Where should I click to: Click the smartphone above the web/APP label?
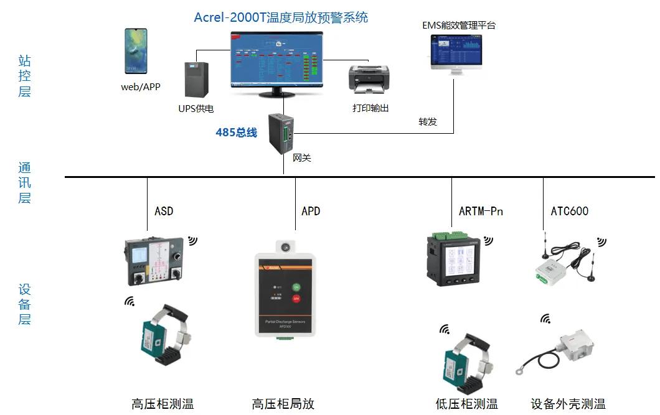tap(136, 51)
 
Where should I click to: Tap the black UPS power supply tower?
tap(196, 80)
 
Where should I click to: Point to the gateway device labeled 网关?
tap(281, 133)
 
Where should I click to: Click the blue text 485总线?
tap(236, 133)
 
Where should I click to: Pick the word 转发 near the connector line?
tap(428, 121)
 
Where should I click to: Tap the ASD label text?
tap(164, 211)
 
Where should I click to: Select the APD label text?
tap(311, 211)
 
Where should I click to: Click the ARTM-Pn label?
tap(481, 211)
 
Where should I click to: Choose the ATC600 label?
tap(569, 211)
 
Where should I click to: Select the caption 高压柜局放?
tap(283, 404)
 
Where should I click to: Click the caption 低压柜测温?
tap(466, 404)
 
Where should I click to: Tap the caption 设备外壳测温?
tap(568, 404)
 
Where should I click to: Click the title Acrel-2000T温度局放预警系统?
tap(281, 17)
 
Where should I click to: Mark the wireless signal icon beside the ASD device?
tap(192, 240)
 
